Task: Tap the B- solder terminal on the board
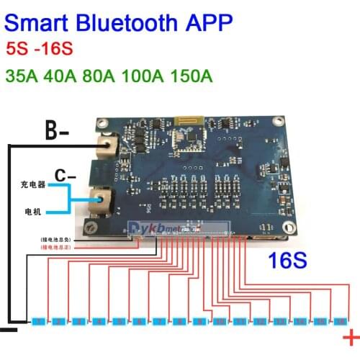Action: [109, 147]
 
